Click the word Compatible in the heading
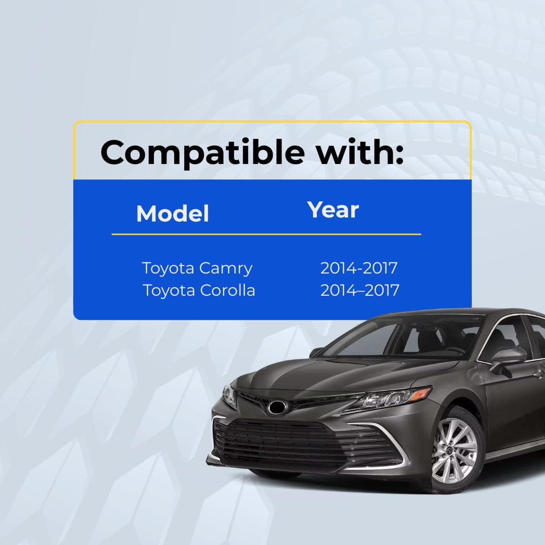tap(203, 153)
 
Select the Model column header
tap(173, 213)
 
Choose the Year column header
tap(333, 210)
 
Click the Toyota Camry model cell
tap(197, 268)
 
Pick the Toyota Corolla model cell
tap(199, 290)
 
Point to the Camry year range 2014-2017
tap(359, 268)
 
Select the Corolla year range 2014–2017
tap(360, 290)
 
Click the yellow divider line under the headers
tap(266, 234)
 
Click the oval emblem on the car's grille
tap(277, 407)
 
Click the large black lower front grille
tap(299, 442)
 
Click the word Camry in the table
tap(226, 268)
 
